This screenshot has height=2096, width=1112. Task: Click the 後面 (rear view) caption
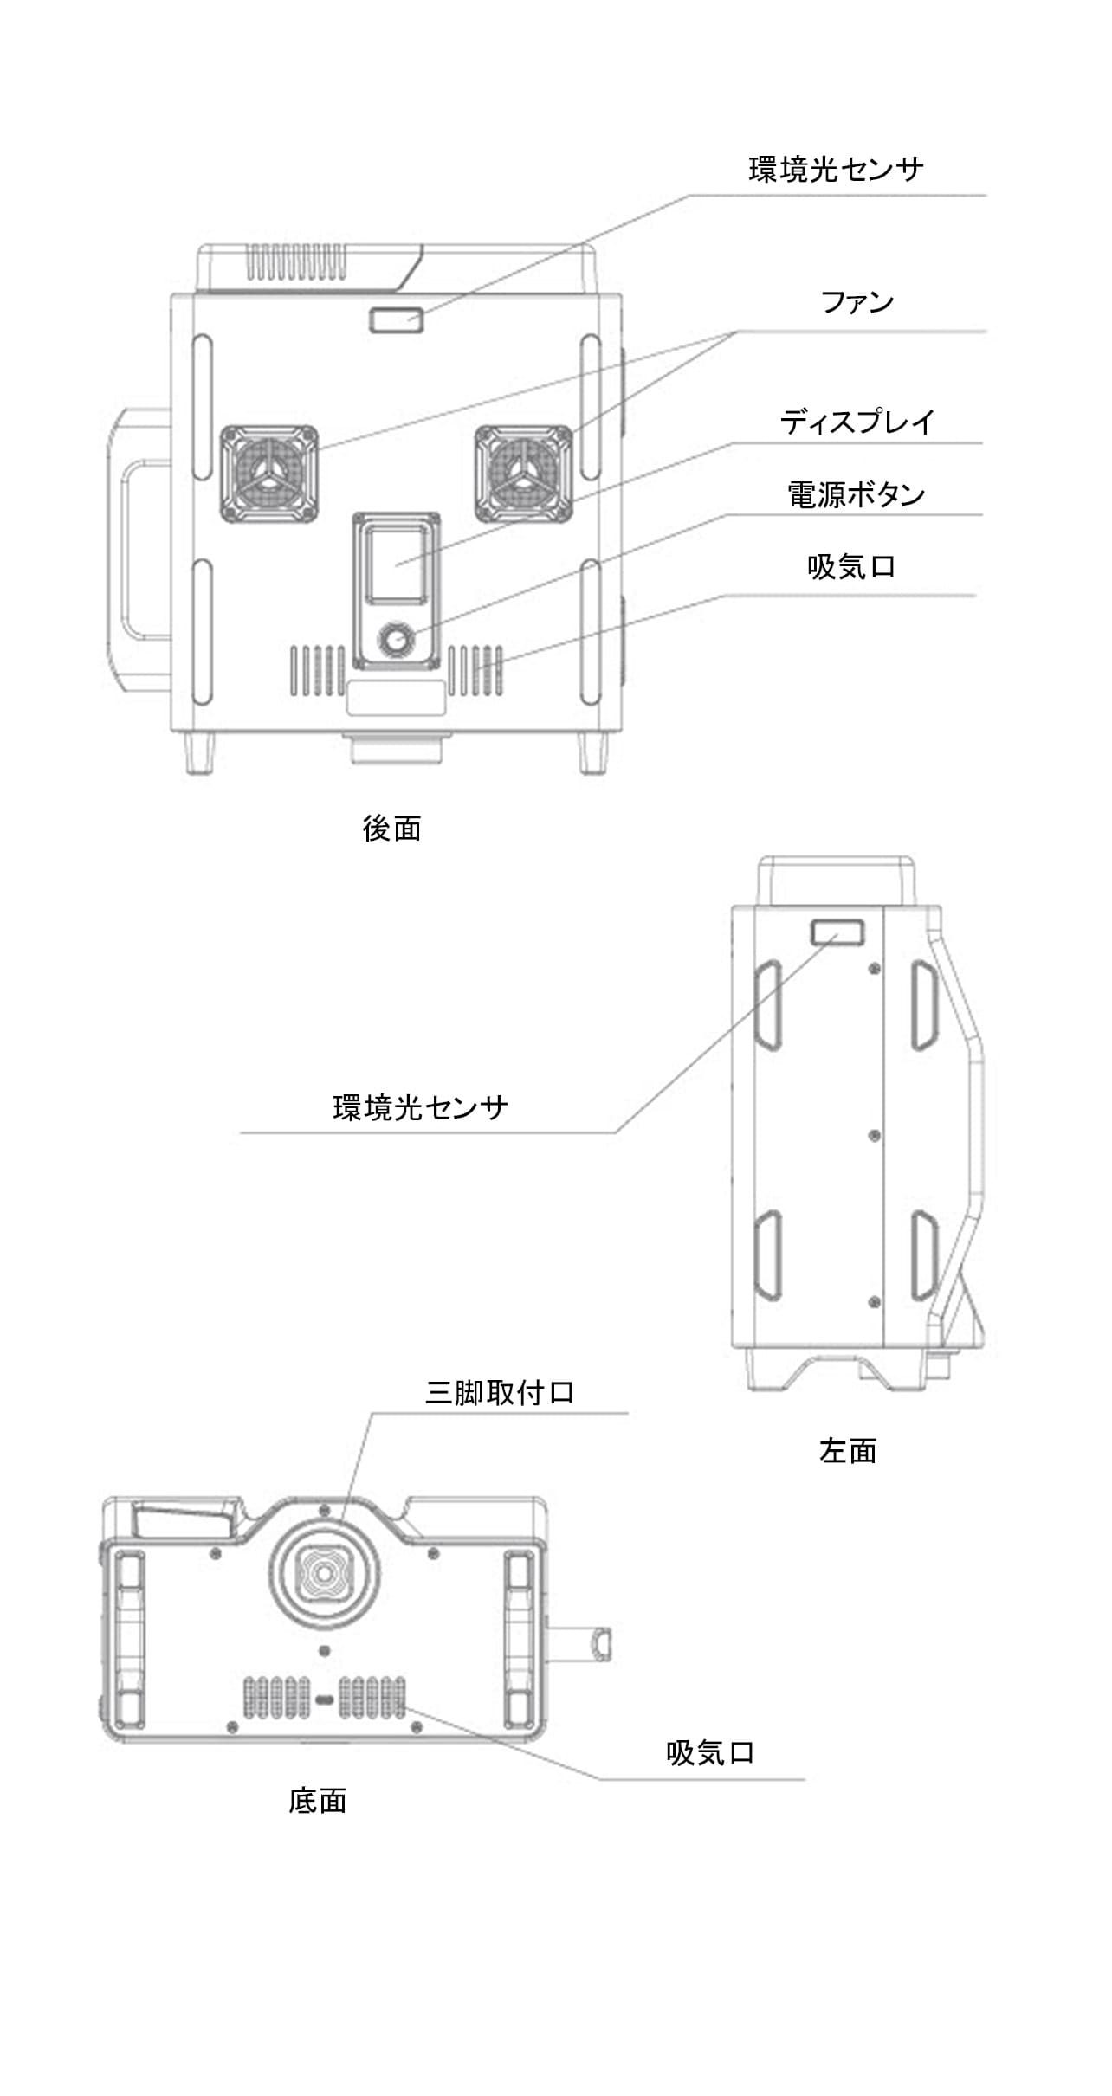click(391, 829)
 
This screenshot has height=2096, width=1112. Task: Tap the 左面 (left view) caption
click(848, 1449)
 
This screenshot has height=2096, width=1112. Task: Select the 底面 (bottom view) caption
click(318, 1800)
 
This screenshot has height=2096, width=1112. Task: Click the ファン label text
click(857, 302)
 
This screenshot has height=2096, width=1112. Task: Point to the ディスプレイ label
click(857, 422)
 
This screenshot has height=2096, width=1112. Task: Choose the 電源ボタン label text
click(856, 494)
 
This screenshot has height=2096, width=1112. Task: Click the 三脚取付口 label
click(500, 1392)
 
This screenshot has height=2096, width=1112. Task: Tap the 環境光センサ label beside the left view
click(420, 1107)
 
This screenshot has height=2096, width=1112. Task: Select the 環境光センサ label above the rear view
click(836, 169)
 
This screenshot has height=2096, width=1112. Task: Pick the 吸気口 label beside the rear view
click(850, 567)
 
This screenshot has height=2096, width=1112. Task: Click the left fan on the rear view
click(268, 474)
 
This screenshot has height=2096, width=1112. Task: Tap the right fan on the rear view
click(524, 474)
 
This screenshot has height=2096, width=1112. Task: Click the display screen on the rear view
click(396, 564)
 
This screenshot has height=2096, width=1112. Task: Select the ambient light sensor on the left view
click(837, 933)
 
